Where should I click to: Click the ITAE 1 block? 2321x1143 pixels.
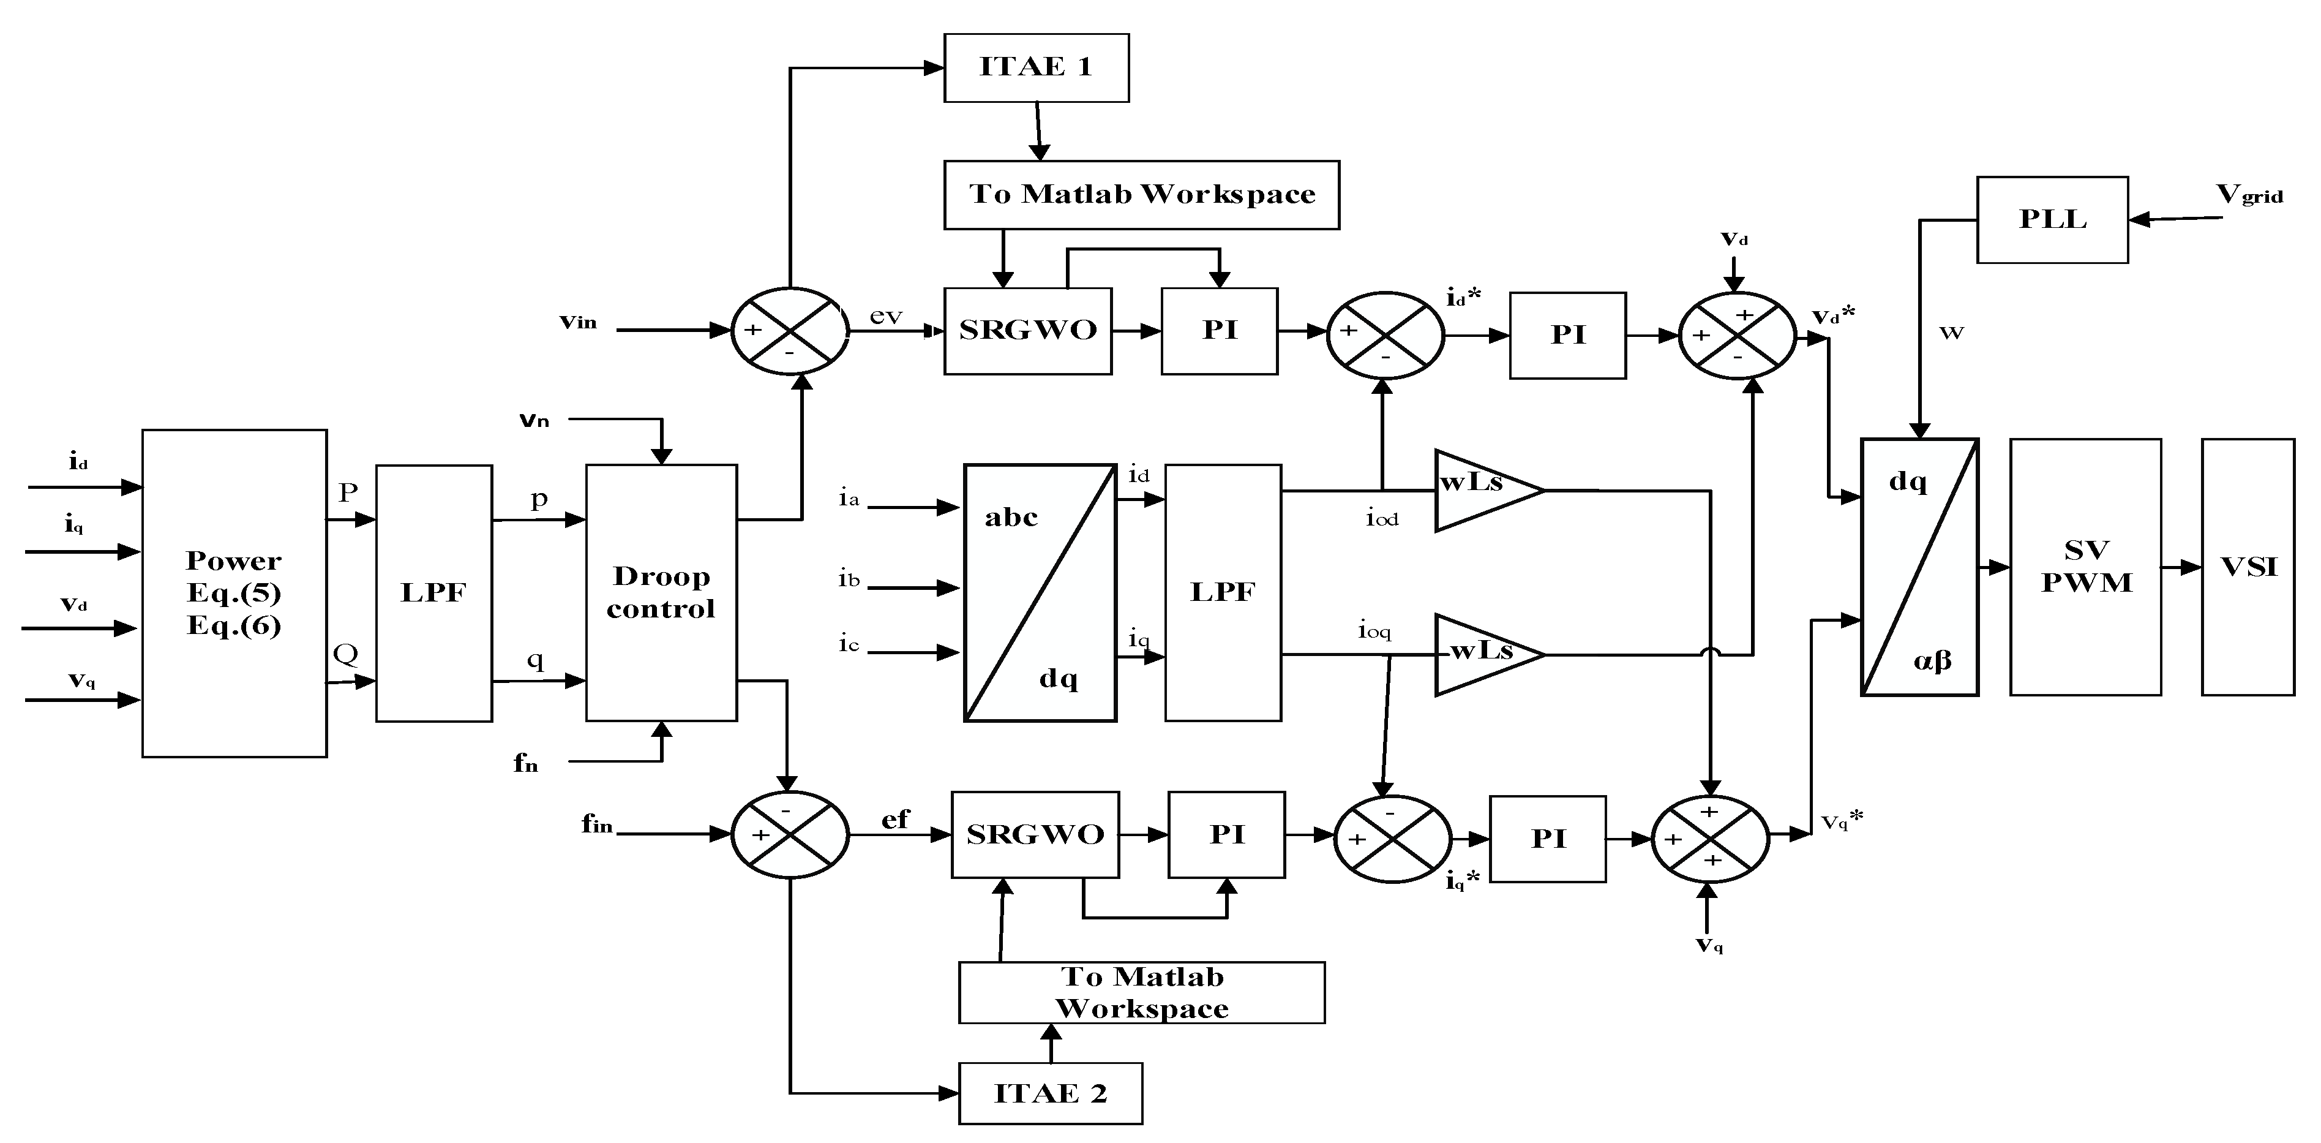point(1035,67)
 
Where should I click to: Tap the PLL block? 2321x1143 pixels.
point(2052,219)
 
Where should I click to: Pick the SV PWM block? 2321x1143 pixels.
point(2085,567)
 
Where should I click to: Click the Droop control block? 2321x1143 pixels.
point(661,592)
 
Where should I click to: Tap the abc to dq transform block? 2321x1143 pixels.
point(1040,592)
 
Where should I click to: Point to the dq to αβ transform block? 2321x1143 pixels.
point(1919,567)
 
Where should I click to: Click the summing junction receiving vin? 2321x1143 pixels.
point(789,330)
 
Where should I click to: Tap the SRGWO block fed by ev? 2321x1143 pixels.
point(1027,330)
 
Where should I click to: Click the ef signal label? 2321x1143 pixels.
point(894,818)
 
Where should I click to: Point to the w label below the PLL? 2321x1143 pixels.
point(1951,333)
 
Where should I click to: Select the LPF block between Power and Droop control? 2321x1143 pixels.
point(433,592)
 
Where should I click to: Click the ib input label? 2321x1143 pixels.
point(849,579)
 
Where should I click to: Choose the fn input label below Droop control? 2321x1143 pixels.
point(525,763)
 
